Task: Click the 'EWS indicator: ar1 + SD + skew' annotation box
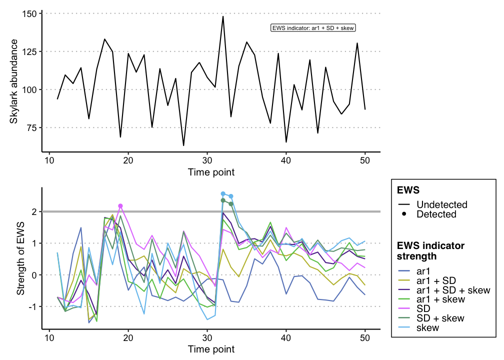(x=313, y=28)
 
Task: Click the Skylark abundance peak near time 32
(x=223, y=16)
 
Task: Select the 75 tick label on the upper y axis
(x=31, y=127)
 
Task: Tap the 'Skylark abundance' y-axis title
(x=14, y=81)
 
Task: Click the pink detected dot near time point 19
(x=120, y=206)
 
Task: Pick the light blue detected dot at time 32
(x=223, y=193)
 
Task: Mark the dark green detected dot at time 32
(x=223, y=200)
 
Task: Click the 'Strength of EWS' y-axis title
(x=20, y=258)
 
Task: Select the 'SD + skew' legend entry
(x=440, y=318)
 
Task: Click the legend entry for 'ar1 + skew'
(x=440, y=299)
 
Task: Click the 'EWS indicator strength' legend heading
(x=430, y=251)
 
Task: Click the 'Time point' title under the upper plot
(x=211, y=172)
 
